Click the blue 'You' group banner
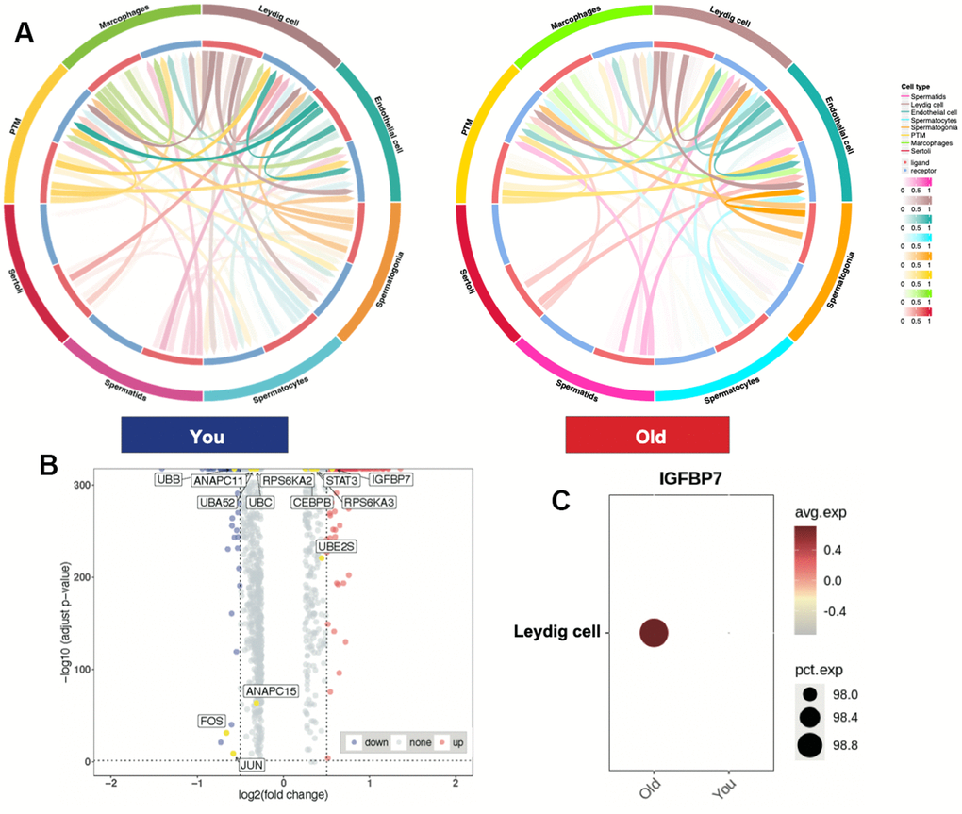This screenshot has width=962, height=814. click(204, 438)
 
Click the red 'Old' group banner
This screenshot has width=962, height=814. click(647, 438)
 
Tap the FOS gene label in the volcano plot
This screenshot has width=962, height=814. click(211, 722)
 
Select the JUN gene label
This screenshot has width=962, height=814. click(251, 765)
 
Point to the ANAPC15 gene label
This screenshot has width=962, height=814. click(271, 691)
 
